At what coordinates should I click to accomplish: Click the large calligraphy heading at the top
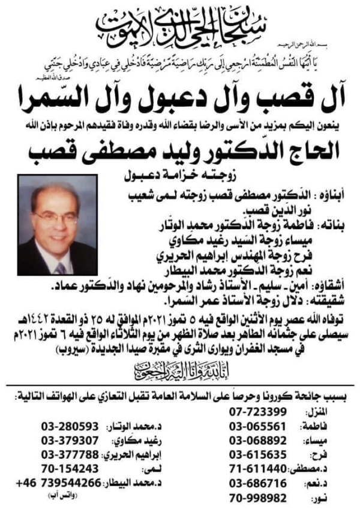click(180, 24)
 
